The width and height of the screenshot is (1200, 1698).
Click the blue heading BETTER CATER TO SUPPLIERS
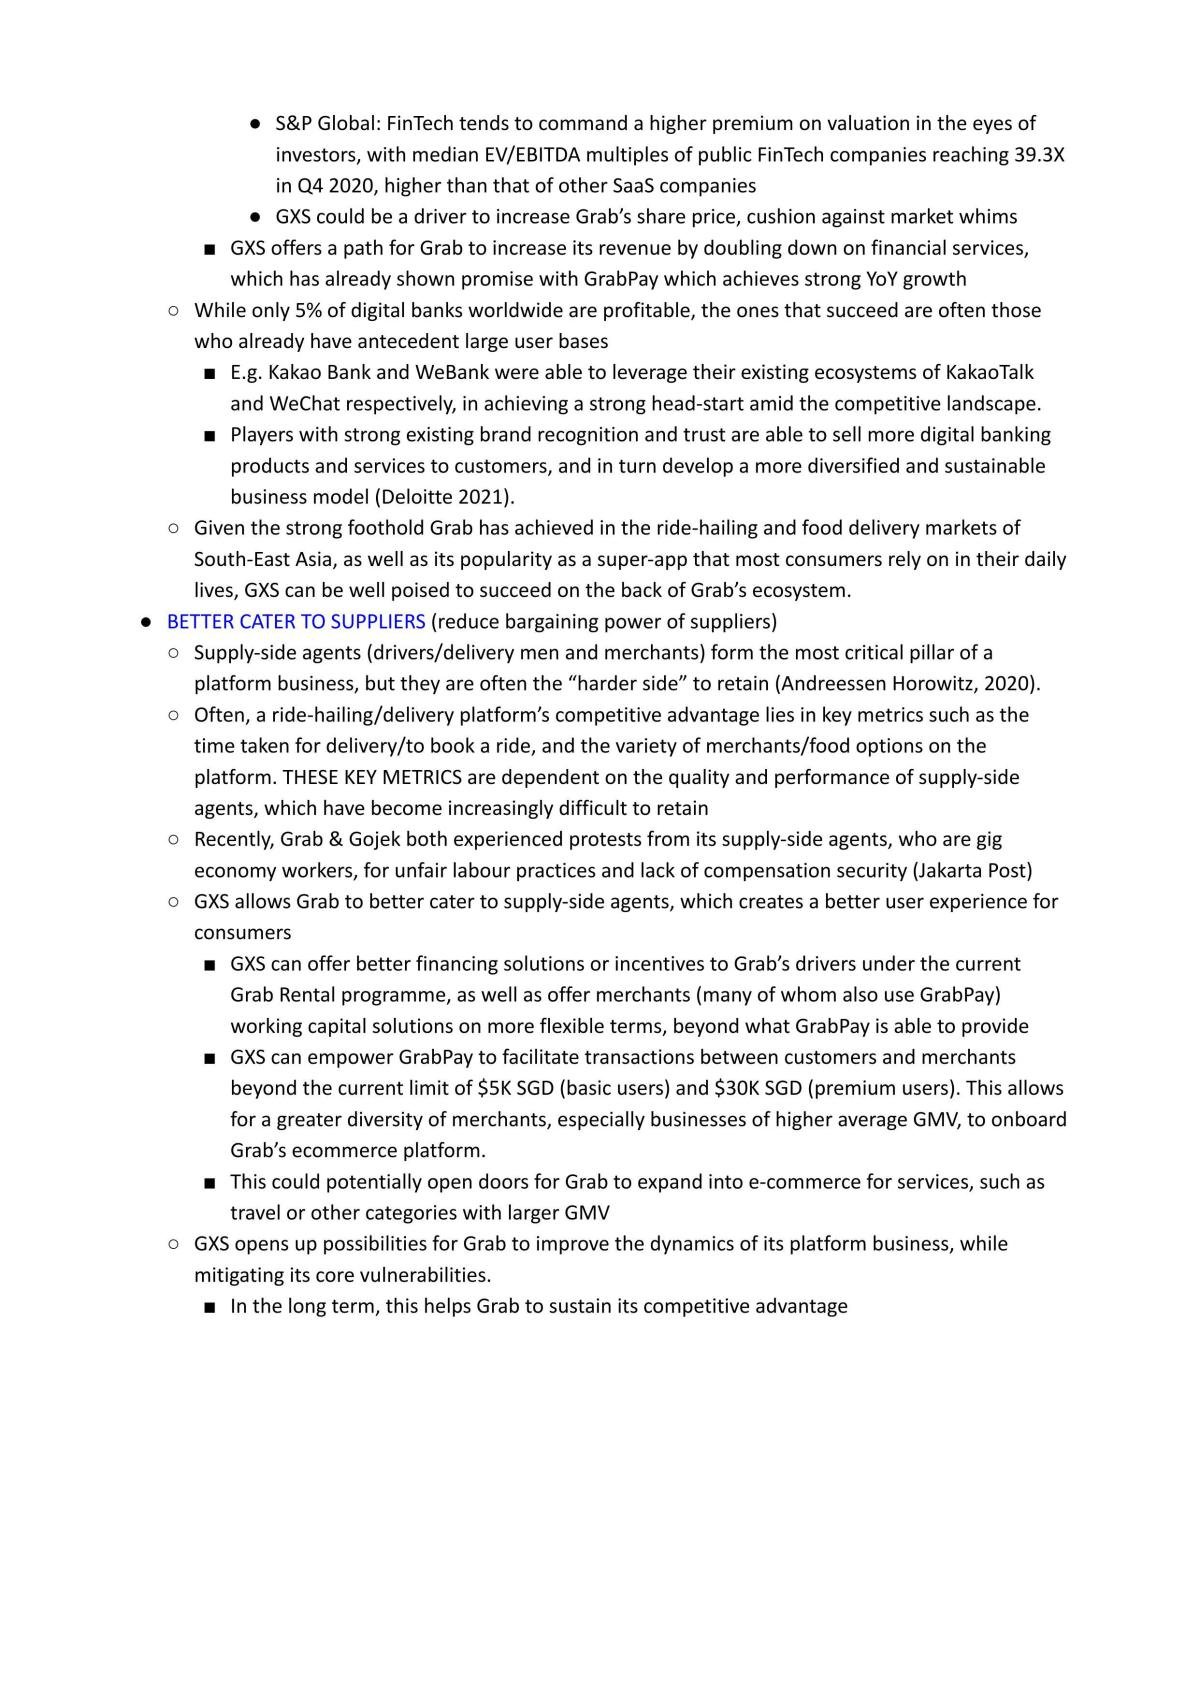click(296, 622)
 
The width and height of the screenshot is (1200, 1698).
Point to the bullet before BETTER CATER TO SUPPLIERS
click(146, 622)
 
